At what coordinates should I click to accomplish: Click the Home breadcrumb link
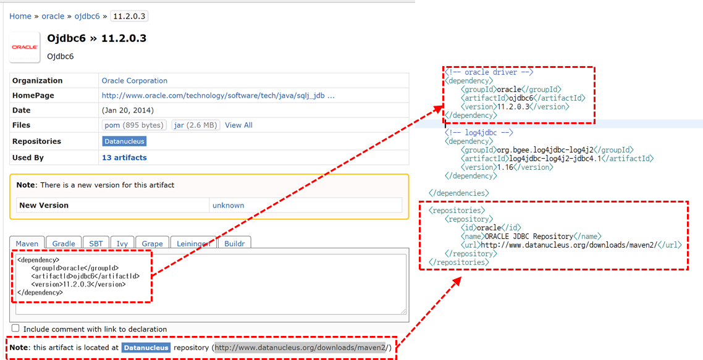[20, 16]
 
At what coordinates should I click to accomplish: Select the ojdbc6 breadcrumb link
[87, 16]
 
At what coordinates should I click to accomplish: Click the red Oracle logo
[25, 47]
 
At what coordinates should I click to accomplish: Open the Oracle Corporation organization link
[135, 80]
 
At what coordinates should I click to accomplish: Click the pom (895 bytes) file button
[134, 125]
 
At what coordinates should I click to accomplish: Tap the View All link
[238, 125]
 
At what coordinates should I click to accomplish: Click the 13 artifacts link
[124, 157]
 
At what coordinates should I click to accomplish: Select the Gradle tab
[64, 243]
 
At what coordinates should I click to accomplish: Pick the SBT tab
[96, 243]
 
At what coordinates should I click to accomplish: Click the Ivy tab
[122, 243]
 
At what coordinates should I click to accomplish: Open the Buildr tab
[234, 243]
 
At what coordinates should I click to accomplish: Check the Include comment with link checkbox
[15, 329]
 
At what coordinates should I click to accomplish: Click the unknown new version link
[228, 205]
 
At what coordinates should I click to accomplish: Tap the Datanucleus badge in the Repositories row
[124, 141]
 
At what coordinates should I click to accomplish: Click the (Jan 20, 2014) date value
[128, 111]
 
